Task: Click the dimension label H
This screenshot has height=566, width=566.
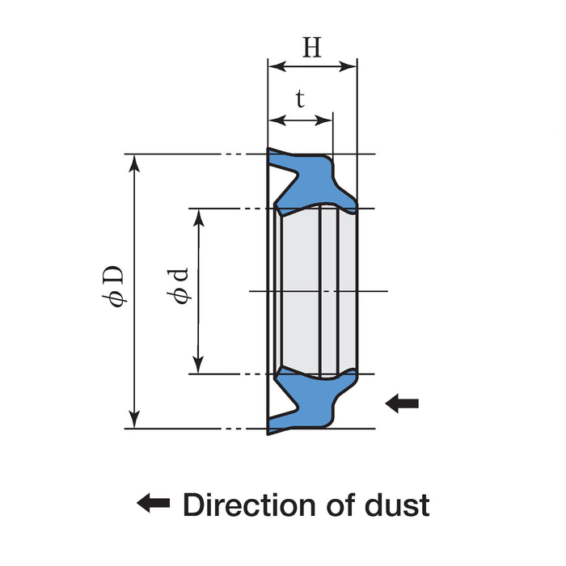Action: [312, 49]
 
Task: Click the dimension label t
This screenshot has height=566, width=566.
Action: [300, 100]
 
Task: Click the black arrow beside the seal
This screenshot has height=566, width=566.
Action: [402, 402]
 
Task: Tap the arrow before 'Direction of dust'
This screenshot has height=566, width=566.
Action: [153, 505]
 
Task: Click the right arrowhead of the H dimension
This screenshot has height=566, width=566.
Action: [349, 66]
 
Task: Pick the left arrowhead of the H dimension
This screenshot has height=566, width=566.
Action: [276, 66]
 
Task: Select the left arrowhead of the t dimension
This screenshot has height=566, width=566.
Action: [276, 120]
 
